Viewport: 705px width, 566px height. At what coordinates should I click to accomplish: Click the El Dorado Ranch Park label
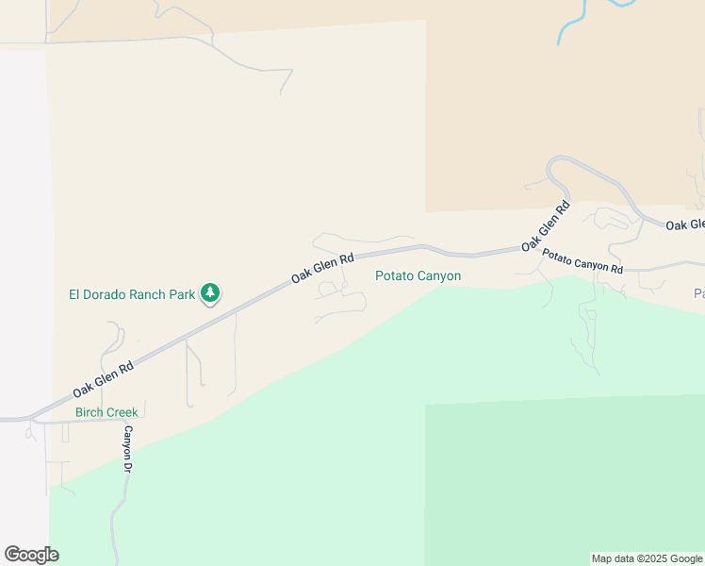click(132, 294)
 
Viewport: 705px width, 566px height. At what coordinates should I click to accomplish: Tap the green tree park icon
click(211, 293)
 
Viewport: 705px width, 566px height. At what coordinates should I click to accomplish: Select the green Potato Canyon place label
click(418, 276)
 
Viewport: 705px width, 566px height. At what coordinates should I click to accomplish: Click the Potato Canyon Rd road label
click(582, 262)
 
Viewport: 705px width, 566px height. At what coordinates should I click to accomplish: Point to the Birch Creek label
click(107, 412)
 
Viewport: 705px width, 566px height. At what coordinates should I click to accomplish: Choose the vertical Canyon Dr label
click(128, 448)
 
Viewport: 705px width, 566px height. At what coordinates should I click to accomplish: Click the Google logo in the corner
click(31, 555)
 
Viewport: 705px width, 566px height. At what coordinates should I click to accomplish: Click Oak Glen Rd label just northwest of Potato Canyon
click(322, 267)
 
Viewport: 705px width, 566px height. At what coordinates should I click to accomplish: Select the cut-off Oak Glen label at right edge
click(684, 225)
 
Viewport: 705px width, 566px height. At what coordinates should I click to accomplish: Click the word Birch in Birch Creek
click(91, 412)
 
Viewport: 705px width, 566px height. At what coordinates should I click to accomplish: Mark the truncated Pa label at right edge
click(699, 294)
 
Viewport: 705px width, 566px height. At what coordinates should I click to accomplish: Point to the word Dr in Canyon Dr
click(128, 466)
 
